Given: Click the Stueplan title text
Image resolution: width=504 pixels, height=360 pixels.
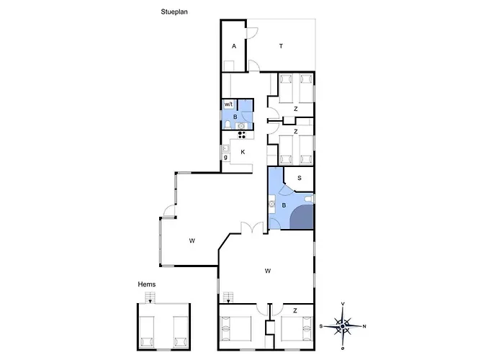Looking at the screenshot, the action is click(174, 12).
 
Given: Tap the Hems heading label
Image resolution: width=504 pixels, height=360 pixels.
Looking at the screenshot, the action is click(147, 284).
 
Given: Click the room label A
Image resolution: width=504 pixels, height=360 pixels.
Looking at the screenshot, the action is click(234, 46).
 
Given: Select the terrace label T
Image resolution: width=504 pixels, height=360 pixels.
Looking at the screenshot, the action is click(281, 46).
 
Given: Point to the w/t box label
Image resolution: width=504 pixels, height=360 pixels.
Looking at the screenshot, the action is click(228, 104).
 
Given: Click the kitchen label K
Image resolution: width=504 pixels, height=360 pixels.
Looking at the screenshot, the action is click(243, 152).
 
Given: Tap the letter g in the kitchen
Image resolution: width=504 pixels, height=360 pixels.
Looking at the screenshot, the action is click(225, 157).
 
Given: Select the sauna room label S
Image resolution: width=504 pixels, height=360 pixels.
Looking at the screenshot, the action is click(300, 178).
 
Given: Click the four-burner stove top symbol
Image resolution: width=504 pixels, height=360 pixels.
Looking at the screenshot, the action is click(242, 135).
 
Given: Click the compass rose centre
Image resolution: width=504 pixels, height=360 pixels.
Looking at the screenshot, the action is click(343, 326).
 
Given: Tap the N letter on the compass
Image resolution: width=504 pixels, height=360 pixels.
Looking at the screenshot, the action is click(364, 326).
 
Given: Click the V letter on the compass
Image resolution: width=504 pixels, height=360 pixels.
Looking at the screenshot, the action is click(343, 304).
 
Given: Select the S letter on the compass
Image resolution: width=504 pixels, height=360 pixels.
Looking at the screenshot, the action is click(321, 326).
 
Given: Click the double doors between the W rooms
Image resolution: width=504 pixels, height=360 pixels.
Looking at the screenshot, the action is click(254, 228).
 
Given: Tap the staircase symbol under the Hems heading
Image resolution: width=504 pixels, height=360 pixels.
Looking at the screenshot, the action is click(150, 297).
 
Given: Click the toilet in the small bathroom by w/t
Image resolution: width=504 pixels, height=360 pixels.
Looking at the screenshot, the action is click(228, 125).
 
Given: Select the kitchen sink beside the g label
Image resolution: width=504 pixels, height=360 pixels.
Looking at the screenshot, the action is click(225, 149).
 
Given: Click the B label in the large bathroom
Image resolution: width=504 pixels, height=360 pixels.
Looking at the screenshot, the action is click(284, 205).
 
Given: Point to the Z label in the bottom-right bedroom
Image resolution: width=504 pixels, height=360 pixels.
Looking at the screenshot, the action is click(295, 311).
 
